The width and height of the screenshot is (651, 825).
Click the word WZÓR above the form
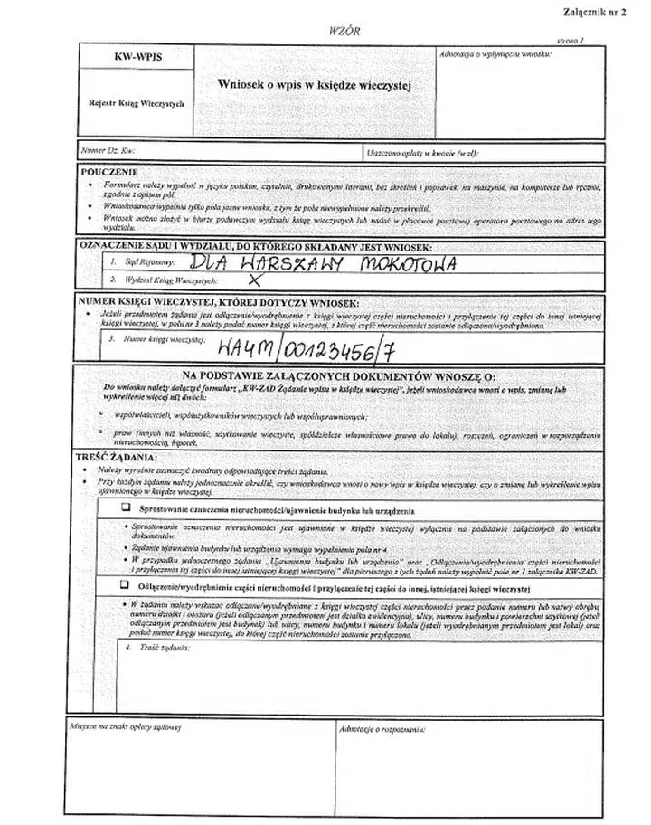(345, 31)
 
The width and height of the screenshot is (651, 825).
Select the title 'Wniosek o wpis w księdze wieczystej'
(315, 83)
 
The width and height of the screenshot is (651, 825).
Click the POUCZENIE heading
(109, 171)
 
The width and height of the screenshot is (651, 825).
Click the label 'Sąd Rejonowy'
(144, 262)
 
